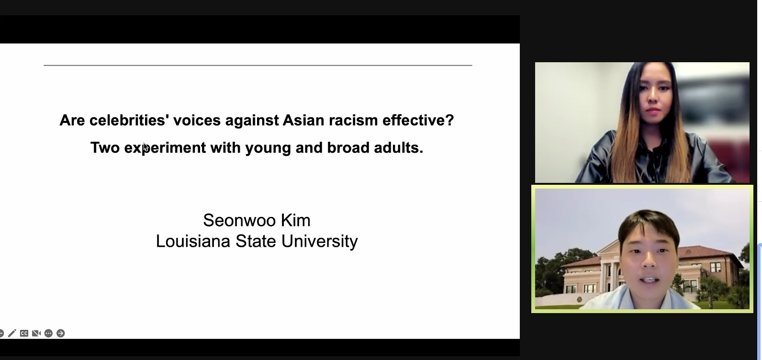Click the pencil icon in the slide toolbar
pyautogui.click(x=12, y=333)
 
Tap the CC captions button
pyautogui.click(x=24, y=333)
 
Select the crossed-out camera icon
pyautogui.click(x=36, y=333)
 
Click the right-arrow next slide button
pyautogui.click(x=61, y=333)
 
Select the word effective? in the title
pyautogui.click(x=418, y=120)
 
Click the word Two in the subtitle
pyautogui.click(x=105, y=147)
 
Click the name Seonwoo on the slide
pyautogui.click(x=239, y=220)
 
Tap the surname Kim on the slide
pyautogui.click(x=296, y=220)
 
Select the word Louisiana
pyautogui.click(x=193, y=241)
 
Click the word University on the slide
pyautogui.click(x=319, y=242)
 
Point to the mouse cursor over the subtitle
pyautogui.click(x=145, y=147)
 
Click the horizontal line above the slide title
pyautogui.click(x=258, y=65)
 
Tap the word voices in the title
pyautogui.click(x=197, y=120)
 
